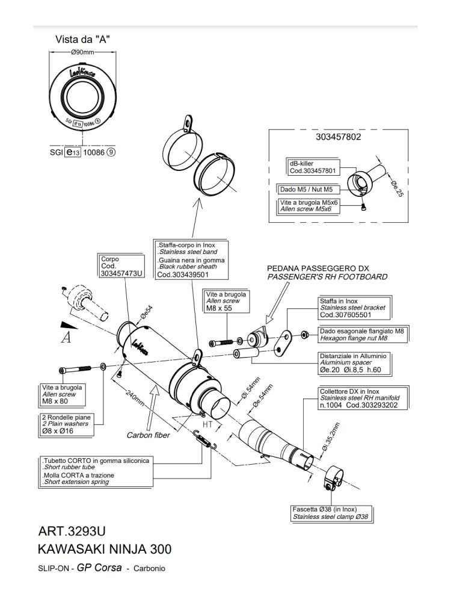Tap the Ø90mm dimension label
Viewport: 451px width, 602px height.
coord(82,52)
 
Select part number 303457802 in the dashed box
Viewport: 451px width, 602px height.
coord(338,137)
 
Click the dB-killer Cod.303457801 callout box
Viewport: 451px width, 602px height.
coord(314,167)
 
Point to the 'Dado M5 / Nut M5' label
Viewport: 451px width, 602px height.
coord(306,189)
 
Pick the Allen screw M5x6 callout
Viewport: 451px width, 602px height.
coord(308,206)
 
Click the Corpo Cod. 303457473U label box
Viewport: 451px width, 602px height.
coord(121,266)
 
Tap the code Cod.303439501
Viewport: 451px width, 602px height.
coord(183,275)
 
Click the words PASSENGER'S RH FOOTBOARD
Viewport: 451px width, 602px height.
coord(327,277)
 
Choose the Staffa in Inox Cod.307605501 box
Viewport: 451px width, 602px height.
coord(354,308)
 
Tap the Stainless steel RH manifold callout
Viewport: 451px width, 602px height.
coord(360,398)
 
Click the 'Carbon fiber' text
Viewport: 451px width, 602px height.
coord(148,435)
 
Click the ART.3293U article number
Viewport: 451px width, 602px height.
coord(72,531)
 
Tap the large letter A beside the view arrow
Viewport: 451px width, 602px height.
coord(66,338)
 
